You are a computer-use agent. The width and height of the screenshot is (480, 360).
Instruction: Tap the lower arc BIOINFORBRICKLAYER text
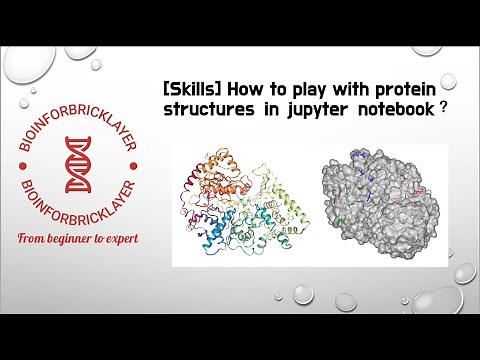coord(72,204)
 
